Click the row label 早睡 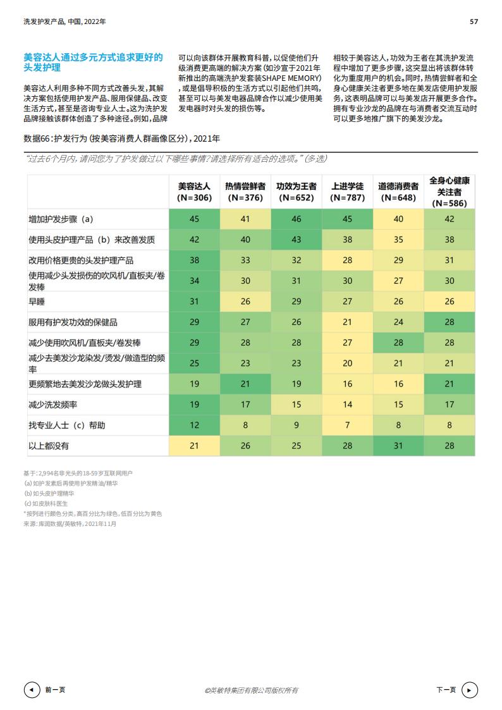coord(37,302)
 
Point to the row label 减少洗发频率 coord(48,404)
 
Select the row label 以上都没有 coord(49,445)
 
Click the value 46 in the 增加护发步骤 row coord(297,219)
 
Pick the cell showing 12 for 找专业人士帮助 coord(194,425)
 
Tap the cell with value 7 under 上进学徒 coord(347,425)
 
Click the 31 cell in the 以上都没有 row coord(398,445)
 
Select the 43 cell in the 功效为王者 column coord(297,240)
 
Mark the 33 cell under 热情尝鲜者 coord(245,260)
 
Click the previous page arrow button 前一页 coord(32,690)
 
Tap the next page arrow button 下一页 coord(470,690)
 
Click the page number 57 coord(474,21)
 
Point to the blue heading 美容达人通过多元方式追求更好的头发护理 coord(93,62)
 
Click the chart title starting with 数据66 coord(121,138)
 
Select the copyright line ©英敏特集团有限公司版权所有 coord(251,690)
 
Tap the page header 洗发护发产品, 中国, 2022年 coord(64,21)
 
